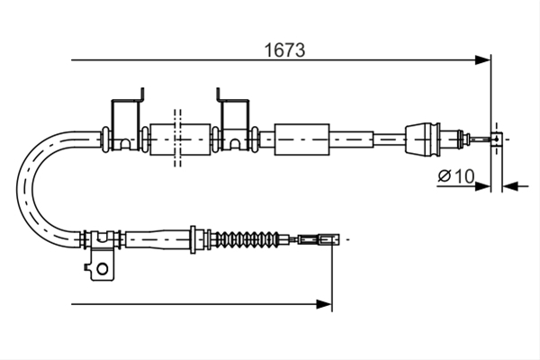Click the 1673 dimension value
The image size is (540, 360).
(284, 50)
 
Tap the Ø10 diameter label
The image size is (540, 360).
(456, 176)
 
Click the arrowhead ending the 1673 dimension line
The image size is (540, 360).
(482, 60)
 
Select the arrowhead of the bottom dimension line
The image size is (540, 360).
(324, 304)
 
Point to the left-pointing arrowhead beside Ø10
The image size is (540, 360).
(509, 186)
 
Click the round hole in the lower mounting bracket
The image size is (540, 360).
(103, 268)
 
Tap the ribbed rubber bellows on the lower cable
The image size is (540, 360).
(247, 238)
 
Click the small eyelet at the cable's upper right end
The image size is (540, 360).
(496, 139)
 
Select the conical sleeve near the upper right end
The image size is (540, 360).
(423, 139)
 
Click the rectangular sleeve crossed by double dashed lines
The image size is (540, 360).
(180, 139)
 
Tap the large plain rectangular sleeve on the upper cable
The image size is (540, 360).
(301, 139)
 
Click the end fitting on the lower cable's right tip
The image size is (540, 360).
(319, 238)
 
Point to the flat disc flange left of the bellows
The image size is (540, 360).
(193, 239)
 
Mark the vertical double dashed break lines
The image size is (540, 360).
(177, 138)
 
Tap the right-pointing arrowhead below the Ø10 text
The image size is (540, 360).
(482, 186)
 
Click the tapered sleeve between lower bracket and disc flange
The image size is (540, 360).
(157, 238)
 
